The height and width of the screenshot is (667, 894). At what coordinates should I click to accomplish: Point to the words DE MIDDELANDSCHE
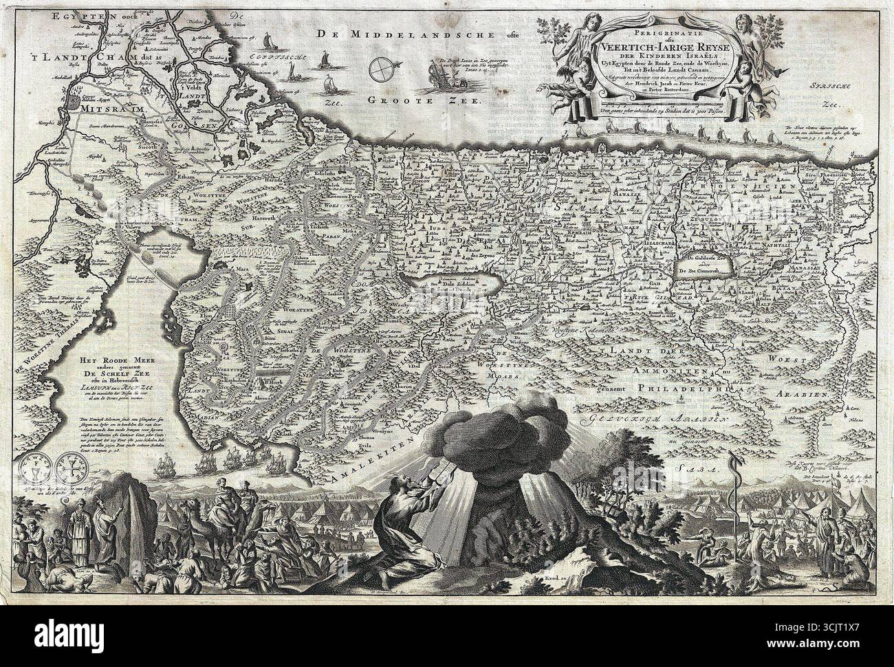click(383, 34)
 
